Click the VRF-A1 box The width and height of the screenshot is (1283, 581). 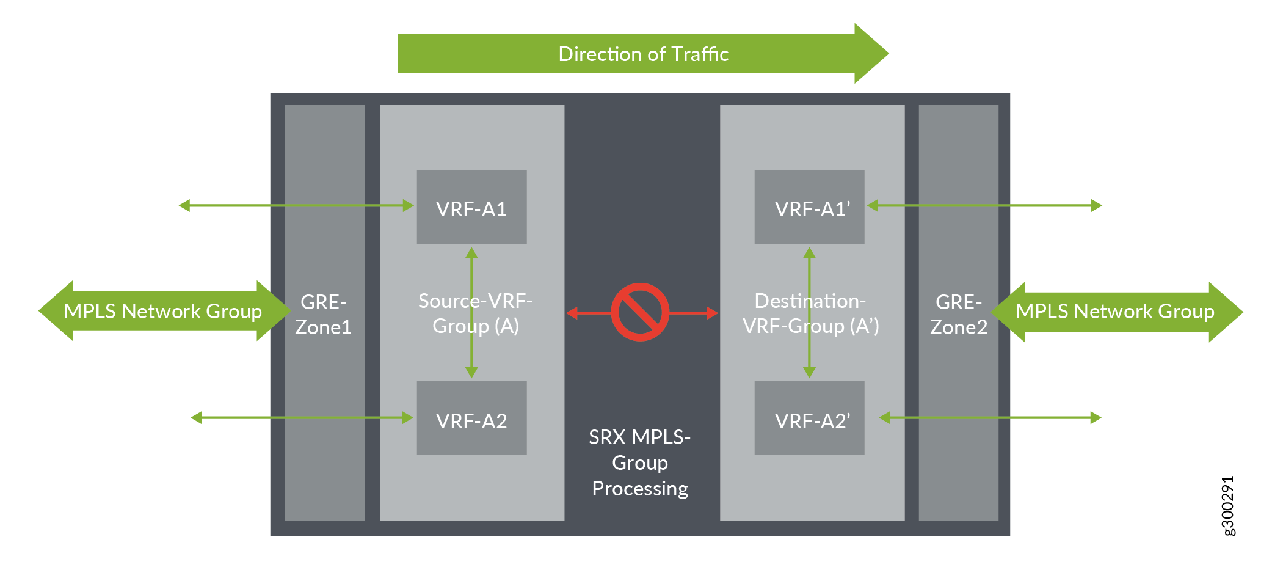[471, 206]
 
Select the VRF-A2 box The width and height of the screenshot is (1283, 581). [471, 418]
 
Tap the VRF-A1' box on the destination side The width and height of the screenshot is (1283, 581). [809, 206]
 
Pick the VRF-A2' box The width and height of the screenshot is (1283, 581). [809, 418]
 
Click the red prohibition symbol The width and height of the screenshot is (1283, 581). [640, 312]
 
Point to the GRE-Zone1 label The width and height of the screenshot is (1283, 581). [324, 315]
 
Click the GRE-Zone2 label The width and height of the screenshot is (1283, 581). [959, 315]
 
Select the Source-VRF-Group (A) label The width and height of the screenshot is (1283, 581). [475, 313]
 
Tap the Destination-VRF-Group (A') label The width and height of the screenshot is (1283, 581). [810, 313]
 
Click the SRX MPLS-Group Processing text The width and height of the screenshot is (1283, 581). [640, 462]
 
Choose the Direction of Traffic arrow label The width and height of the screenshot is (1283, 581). [644, 54]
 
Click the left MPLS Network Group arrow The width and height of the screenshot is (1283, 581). [165, 311]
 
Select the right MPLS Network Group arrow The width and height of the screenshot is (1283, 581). [1117, 312]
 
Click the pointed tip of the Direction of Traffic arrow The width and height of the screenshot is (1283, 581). [889, 53]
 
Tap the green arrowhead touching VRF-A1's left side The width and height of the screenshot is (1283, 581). [409, 206]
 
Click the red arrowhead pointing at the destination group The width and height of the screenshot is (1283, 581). [713, 313]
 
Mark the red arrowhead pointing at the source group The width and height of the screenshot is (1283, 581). [572, 313]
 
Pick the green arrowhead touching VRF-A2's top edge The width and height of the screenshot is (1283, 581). [471, 372]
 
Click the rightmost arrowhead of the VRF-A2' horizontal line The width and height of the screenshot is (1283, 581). [1096, 418]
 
